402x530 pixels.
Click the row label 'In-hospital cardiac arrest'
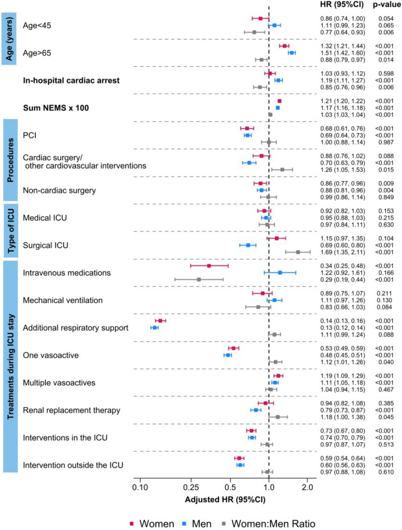tap(71, 81)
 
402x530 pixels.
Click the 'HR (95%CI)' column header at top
tap(336, 5)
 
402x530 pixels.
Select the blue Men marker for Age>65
tap(291, 53)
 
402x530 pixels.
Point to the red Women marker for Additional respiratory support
tap(160, 321)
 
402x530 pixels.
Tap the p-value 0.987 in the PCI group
tap(380, 142)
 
